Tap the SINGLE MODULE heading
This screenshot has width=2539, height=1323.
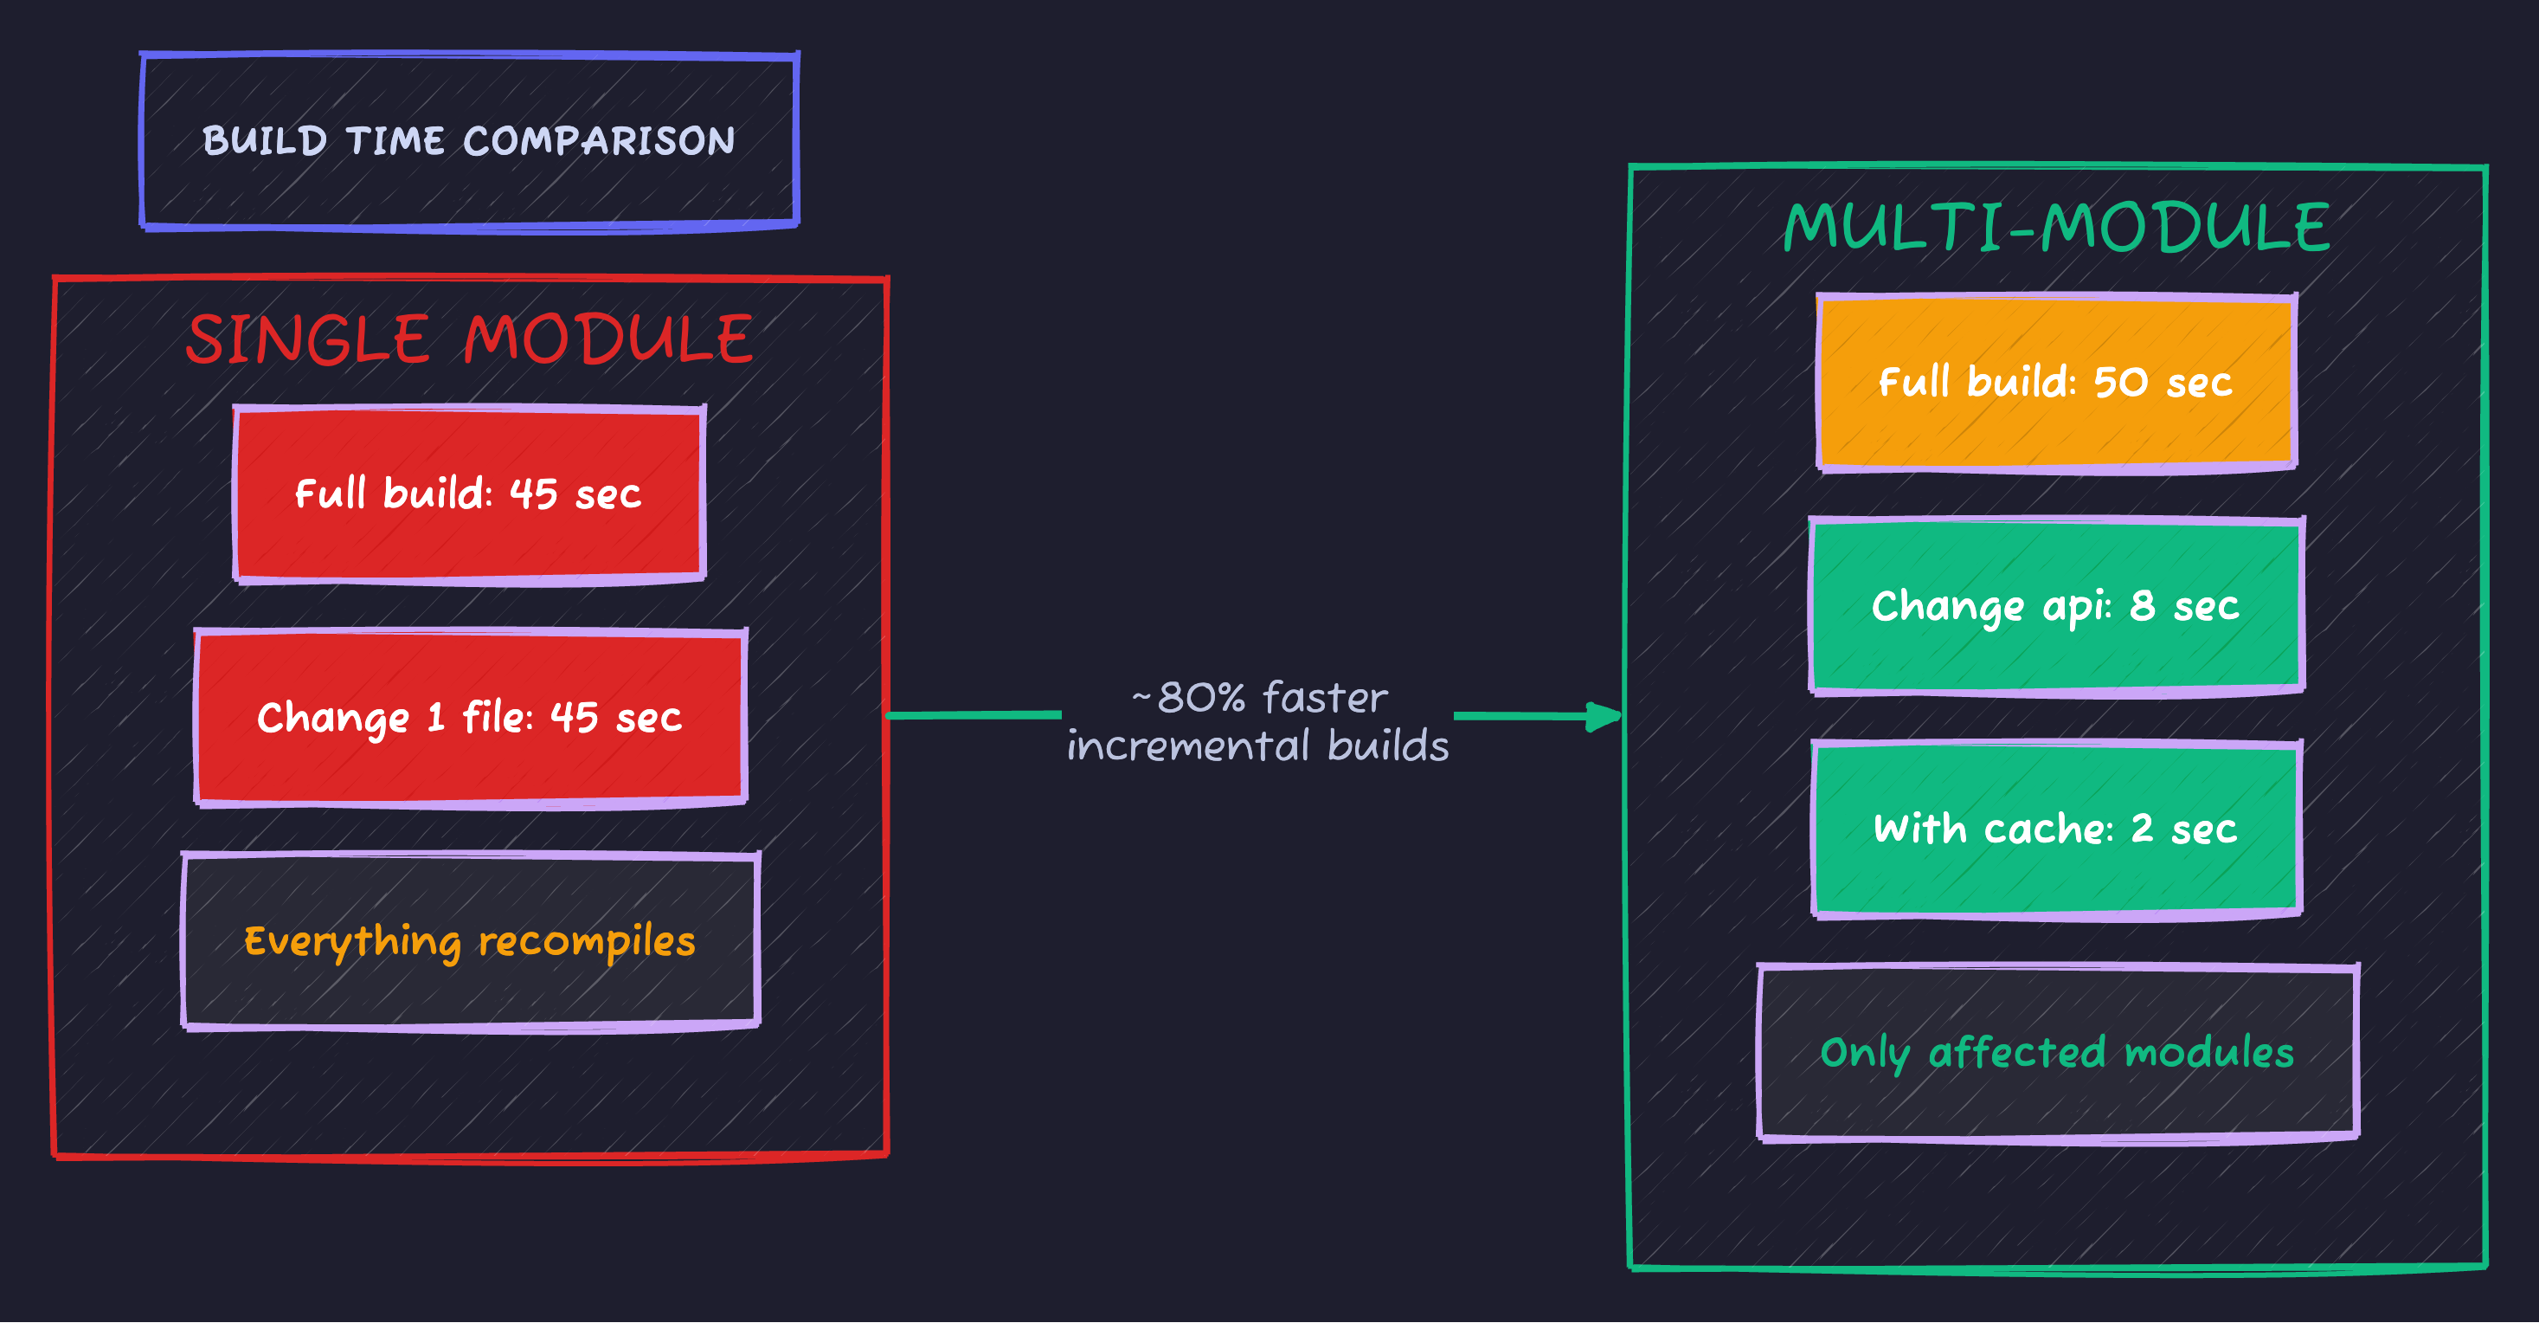pos(469,339)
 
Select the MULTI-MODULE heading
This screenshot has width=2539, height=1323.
pos(2056,228)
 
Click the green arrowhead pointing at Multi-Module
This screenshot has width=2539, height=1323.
pos(1604,717)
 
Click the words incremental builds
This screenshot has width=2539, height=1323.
pos(1257,746)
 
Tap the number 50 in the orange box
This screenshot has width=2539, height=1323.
pos(2120,383)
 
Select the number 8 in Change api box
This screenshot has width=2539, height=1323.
pos(2142,605)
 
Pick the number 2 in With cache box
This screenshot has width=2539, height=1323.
pos(2141,828)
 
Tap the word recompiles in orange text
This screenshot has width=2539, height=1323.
pos(587,941)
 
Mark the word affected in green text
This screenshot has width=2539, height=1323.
pos(2016,1053)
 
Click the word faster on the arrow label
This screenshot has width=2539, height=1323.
pos(1325,698)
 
